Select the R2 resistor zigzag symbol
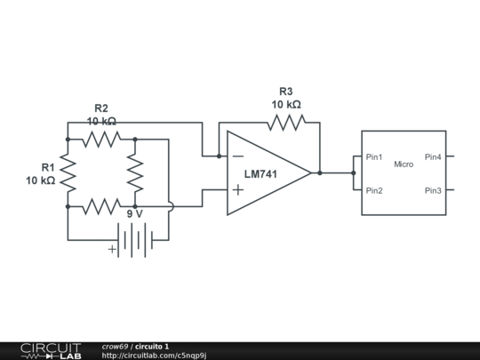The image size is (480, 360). pos(100,139)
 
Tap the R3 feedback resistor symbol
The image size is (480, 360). pos(285,123)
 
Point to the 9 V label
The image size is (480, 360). pos(135,214)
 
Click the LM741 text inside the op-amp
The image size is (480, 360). pos(261,174)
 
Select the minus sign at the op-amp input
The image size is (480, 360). pos(237,156)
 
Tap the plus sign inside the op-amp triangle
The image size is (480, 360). pos(237,190)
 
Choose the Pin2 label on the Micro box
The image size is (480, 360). pos(374,190)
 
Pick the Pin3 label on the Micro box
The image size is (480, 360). pos(433,190)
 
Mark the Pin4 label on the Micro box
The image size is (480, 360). pos(433,157)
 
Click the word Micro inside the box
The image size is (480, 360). pos(404,164)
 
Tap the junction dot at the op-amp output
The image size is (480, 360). pos(320,172)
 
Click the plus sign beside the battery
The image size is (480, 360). pos(112,250)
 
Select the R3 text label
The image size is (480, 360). pos(285,92)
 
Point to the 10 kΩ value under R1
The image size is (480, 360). pos(41,180)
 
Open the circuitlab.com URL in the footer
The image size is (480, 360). pos(155,356)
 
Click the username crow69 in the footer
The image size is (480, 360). pos(116,346)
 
